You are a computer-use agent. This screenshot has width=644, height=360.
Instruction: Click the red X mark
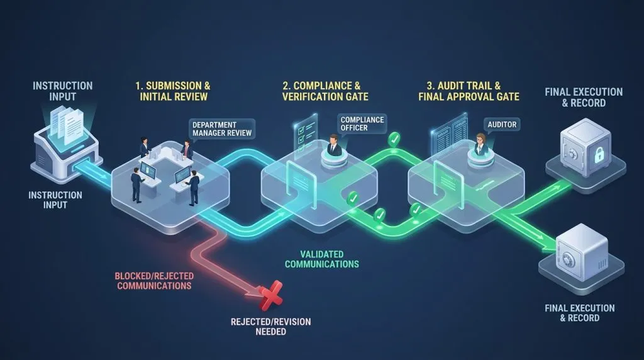pyautogui.click(x=270, y=295)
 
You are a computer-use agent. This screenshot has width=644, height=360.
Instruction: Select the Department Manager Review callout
pyautogui.click(x=222, y=129)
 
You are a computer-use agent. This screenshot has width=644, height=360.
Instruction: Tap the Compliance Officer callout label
pyautogui.click(x=362, y=124)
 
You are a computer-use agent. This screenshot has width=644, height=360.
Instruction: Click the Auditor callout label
pyautogui.click(x=502, y=125)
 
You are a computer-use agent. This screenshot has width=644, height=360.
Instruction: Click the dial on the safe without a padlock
pyautogui.click(x=569, y=260)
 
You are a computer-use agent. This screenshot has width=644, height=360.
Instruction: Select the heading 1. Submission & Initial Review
pyautogui.click(x=173, y=91)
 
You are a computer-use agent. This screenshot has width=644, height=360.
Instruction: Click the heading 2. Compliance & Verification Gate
pyautogui.click(x=325, y=91)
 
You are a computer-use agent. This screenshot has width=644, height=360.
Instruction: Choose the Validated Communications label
pyautogui.click(x=322, y=259)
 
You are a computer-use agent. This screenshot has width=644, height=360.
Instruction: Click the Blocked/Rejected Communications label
pyautogui.click(x=154, y=281)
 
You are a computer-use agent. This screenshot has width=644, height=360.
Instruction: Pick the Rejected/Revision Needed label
pyautogui.click(x=270, y=327)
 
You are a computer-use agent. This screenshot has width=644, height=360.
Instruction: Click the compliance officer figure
pyautogui.click(x=333, y=145)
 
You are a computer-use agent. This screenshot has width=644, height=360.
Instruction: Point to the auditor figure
pyautogui.click(x=480, y=144)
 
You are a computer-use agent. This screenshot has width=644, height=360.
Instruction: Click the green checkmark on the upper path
pyautogui.click(x=394, y=140)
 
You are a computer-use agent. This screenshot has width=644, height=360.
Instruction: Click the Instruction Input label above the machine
pyautogui.click(x=62, y=91)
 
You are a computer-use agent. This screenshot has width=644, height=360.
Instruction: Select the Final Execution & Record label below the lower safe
pyautogui.click(x=579, y=313)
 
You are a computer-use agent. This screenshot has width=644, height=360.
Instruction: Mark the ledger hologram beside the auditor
pyautogui.click(x=449, y=135)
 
